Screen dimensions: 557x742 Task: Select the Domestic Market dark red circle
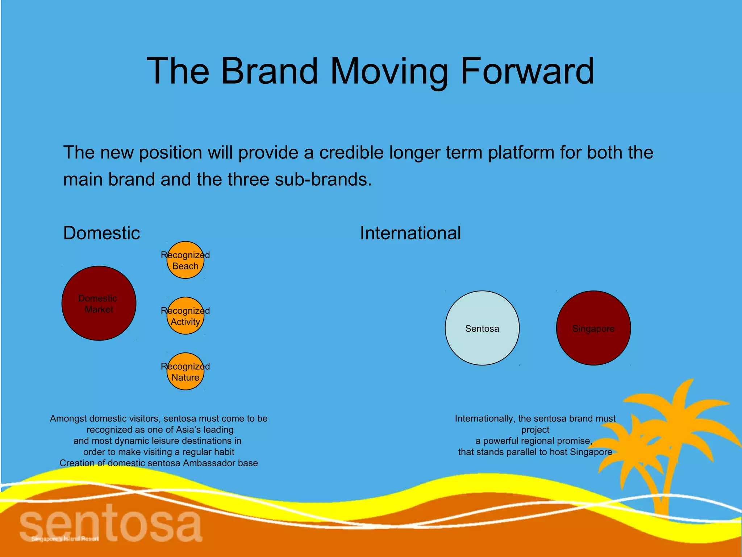pyautogui.click(x=99, y=304)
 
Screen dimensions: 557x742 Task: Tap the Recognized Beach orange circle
pyautogui.click(x=185, y=260)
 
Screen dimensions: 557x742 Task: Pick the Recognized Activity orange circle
pyautogui.click(x=185, y=316)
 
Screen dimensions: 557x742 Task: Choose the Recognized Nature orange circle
pyautogui.click(x=185, y=372)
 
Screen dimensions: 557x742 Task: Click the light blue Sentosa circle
pyautogui.click(x=482, y=328)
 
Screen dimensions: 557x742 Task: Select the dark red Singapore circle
pyautogui.click(x=593, y=328)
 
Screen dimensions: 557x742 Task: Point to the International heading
pyautogui.click(x=410, y=233)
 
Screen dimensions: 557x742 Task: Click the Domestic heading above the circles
pyautogui.click(x=101, y=233)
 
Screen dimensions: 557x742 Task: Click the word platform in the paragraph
pyautogui.click(x=521, y=152)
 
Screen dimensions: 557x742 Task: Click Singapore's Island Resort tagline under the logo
pyautogui.click(x=65, y=539)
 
